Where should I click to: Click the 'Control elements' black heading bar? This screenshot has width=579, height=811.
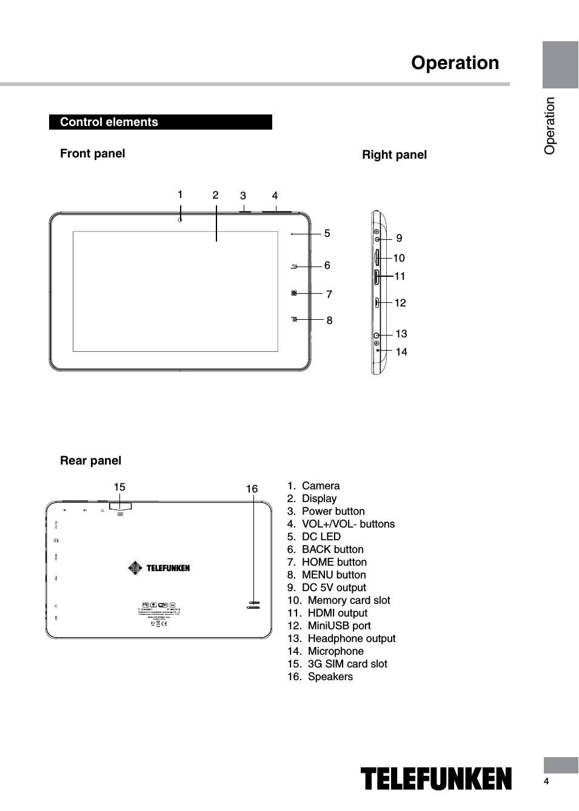[160, 122]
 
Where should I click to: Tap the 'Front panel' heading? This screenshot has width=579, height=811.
[92, 153]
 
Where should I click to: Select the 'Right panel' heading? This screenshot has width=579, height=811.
[394, 154]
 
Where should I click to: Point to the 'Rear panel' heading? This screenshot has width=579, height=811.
[90, 460]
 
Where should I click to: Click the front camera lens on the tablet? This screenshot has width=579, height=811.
[180, 219]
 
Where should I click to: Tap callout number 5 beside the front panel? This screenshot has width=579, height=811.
[327, 233]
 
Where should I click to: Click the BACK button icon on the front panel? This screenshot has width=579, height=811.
[294, 266]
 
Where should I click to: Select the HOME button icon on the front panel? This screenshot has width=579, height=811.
[294, 293]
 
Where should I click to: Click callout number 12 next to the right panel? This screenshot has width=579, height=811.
[400, 302]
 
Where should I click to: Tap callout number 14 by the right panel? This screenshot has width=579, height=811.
[401, 351]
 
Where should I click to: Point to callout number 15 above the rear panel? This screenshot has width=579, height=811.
[119, 487]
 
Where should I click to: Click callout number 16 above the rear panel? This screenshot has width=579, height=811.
[252, 488]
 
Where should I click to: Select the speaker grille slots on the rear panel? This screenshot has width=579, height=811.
[254, 604]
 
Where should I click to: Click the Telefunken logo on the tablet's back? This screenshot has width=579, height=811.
[159, 568]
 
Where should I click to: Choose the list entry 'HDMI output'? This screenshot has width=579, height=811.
[337, 613]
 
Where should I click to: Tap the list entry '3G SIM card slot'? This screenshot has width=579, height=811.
[347, 664]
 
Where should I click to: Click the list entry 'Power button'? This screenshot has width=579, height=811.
[333, 511]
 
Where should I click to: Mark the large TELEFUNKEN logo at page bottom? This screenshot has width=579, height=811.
[436, 778]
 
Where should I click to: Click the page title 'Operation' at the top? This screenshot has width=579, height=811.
[455, 62]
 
